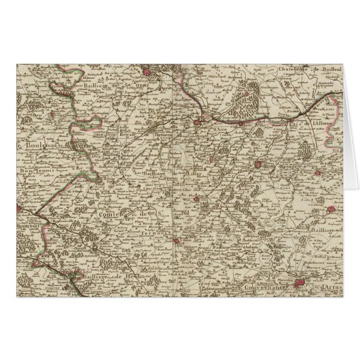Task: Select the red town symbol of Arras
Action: tap(304, 283)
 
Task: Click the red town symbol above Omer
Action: tap(148, 72)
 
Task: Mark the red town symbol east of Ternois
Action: tap(177, 241)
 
